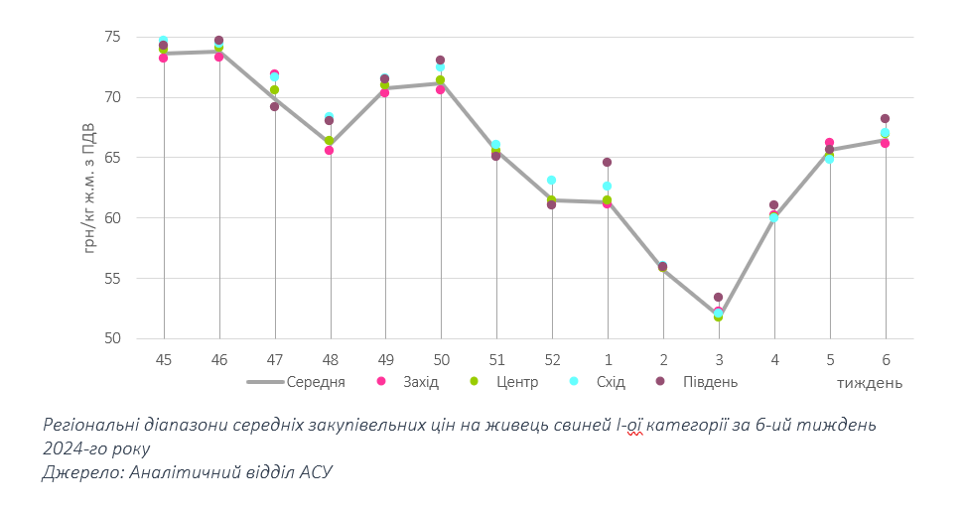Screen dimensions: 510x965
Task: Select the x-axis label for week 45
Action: point(163,359)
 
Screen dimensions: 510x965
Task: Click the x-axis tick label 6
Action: point(885,359)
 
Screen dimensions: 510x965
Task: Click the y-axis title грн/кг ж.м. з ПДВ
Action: point(88,188)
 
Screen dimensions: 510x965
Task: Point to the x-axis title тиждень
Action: point(869,383)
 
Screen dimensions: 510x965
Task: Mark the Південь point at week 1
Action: point(607,162)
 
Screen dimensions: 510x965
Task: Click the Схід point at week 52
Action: point(551,181)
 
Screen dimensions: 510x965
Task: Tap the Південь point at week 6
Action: point(885,119)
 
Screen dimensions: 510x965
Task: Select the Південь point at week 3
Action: point(718,298)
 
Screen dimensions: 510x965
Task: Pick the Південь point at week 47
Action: point(274,106)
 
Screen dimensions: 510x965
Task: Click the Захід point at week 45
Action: point(163,58)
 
